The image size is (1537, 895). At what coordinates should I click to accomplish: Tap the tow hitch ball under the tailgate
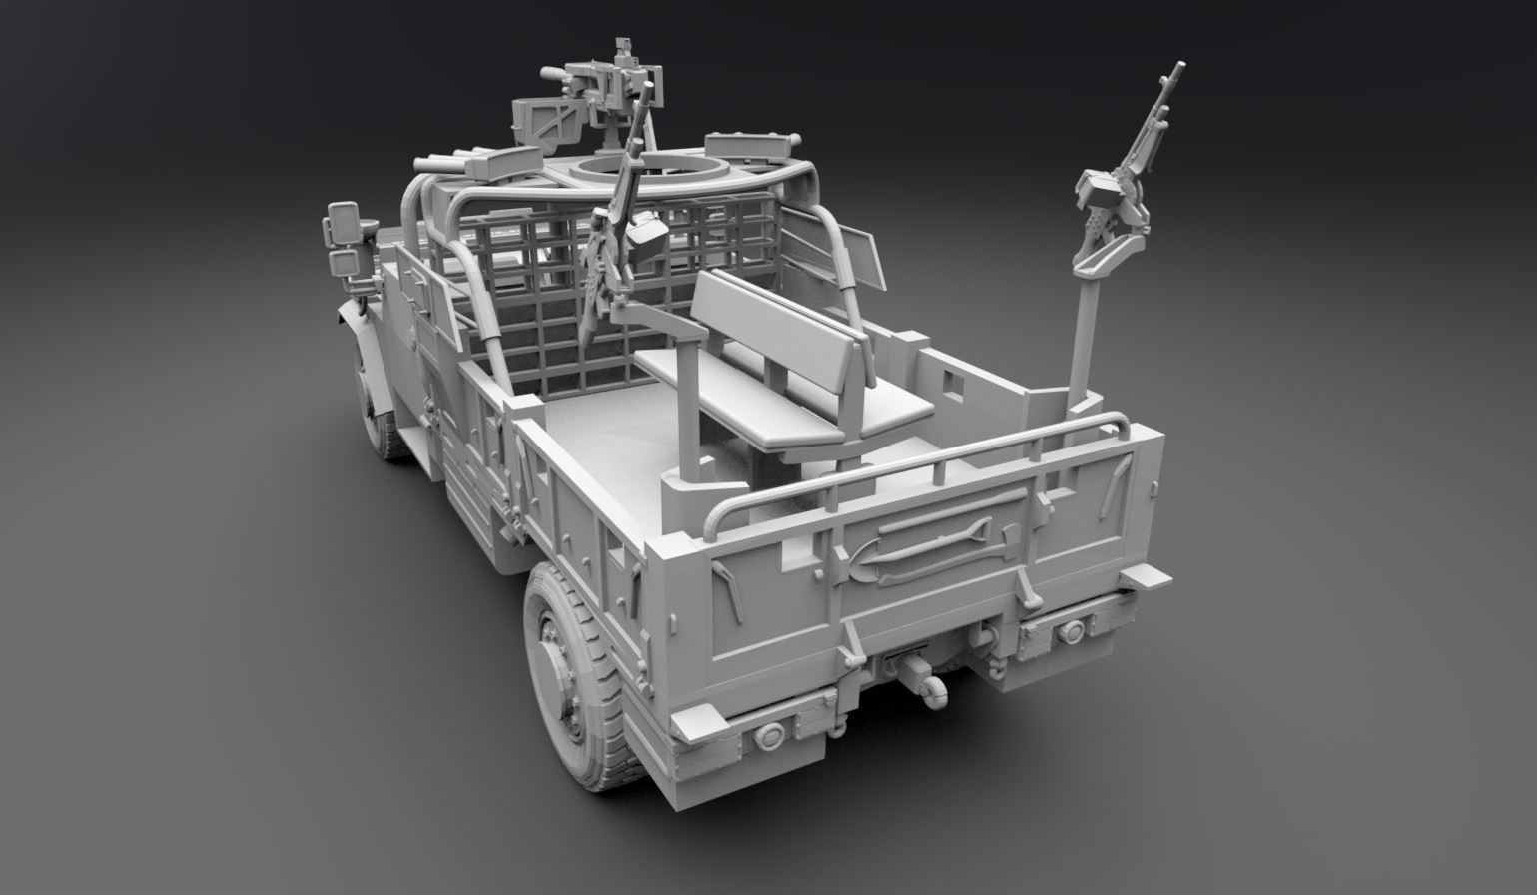pos(938,695)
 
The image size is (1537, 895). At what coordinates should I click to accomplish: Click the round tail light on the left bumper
pos(770,738)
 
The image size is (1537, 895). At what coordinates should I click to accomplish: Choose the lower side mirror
pos(344,263)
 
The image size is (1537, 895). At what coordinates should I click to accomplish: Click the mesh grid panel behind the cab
pos(559,290)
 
